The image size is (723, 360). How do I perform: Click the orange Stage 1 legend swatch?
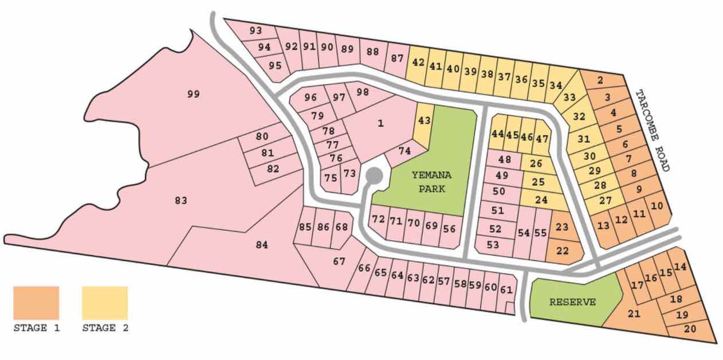[x=36, y=303]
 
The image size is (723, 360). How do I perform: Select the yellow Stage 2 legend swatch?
[x=104, y=303]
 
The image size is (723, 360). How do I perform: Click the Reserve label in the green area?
[x=573, y=302]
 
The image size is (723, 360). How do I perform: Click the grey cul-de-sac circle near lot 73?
[x=374, y=175]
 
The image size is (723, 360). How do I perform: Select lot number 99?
[x=194, y=94]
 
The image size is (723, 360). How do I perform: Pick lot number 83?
[x=181, y=201]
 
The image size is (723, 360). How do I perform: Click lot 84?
[x=262, y=245]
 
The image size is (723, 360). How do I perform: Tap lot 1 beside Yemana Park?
[x=381, y=123]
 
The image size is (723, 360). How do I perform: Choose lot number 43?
[x=424, y=121]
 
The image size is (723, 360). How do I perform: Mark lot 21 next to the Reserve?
[x=633, y=314]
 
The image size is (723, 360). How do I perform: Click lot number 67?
[x=339, y=261]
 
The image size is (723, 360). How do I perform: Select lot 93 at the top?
[x=256, y=30]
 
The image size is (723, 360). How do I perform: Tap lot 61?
[x=506, y=289]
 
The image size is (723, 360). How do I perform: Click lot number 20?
[x=690, y=329]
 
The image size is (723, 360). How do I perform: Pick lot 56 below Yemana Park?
[x=449, y=228]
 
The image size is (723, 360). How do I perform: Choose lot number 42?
[x=418, y=62]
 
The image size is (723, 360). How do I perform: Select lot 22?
[x=563, y=250]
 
